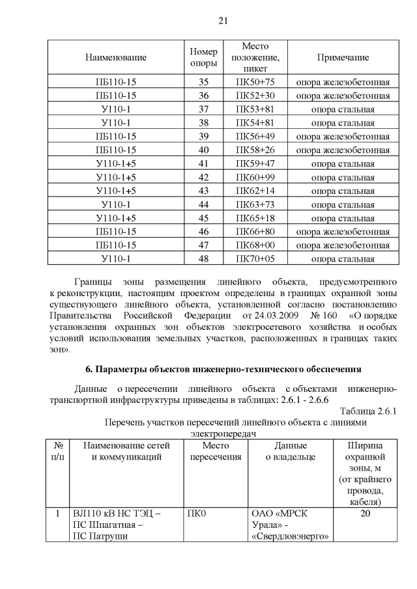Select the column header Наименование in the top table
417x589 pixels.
[116, 57]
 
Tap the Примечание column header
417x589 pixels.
[343, 57]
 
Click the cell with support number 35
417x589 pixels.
[203, 83]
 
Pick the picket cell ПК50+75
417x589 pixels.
[255, 83]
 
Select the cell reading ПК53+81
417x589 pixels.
[255, 109]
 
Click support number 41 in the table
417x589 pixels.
[203, 163]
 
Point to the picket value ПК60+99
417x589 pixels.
[255, 177]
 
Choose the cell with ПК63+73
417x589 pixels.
[255, 204]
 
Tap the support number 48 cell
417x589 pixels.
[203, 258]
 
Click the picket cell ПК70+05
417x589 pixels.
[255, 258]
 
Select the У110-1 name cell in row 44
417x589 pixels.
[116, 204]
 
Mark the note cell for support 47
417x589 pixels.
[343, 245]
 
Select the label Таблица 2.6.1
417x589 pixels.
[368, 411]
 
